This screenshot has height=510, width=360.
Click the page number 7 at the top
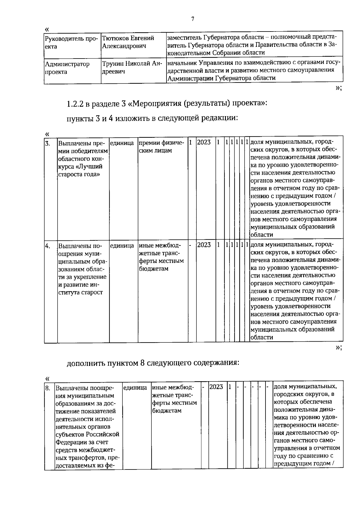[x=193, y=19]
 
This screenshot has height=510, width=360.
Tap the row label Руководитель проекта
[x=71, y=42]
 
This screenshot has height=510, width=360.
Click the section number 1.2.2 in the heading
[x=75, y=104]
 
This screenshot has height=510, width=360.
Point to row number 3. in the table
[x=48, y=143]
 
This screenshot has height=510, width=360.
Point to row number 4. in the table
[x=48, y=246]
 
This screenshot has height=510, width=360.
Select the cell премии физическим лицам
[x=159, y=146]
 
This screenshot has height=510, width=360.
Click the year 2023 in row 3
[x=204, y=142]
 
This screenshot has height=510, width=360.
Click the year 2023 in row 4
[x=204, y=245]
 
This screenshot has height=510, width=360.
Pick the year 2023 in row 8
[x=216, y=387]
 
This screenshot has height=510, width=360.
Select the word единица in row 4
[x=122, y=246]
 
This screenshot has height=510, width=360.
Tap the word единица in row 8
[x=135, y=388]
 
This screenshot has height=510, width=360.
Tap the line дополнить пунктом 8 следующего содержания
[x=153, y=363]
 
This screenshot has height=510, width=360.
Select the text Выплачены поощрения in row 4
[x=78, y=250]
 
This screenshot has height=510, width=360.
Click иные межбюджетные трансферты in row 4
[x=161, y=257]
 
